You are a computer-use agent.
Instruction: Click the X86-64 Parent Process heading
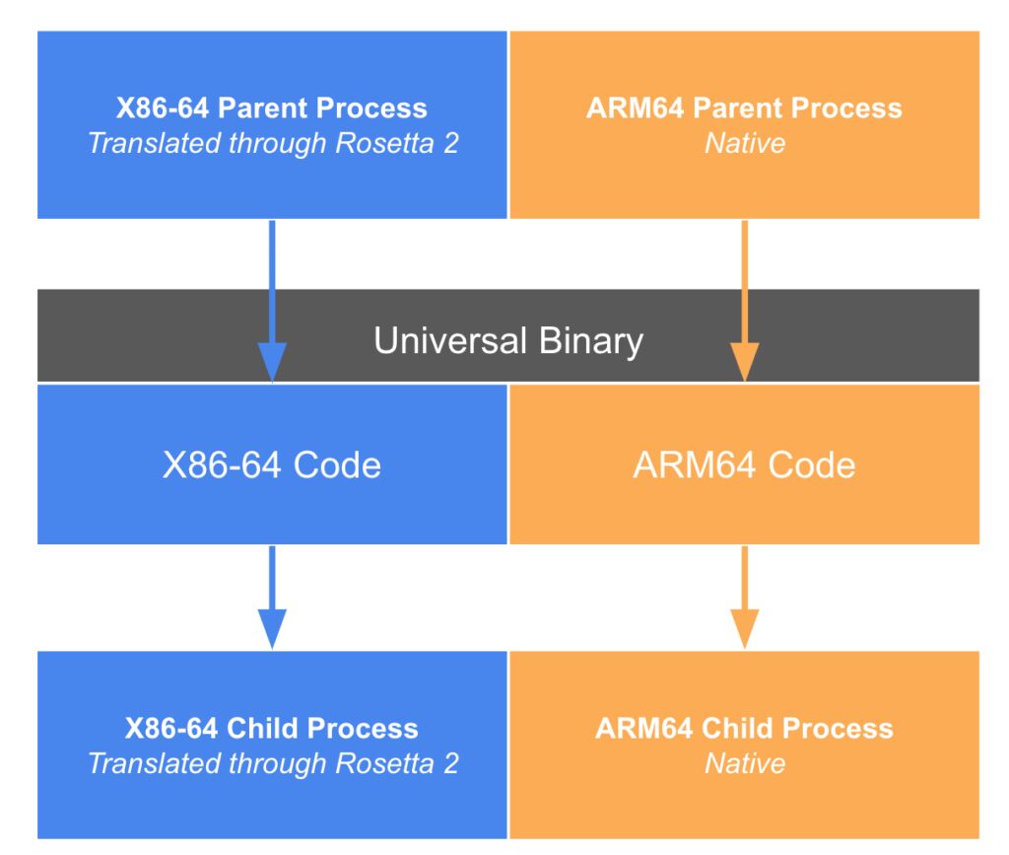coord(272,107)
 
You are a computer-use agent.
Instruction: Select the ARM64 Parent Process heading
coord(744,107)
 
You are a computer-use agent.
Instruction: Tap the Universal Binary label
coord(507,341)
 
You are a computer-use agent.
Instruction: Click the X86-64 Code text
coord(272,464)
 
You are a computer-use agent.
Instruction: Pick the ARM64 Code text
coord(744,464)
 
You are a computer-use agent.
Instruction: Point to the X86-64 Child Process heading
coord(272,729)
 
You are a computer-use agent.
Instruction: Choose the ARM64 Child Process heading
coord(744,729)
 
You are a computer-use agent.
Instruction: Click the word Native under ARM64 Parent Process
coord(745,143)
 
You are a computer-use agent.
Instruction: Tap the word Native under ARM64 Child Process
coord(745,763)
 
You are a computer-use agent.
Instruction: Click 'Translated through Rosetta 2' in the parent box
coord(273,143)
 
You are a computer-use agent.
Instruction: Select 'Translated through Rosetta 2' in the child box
coord(273,763)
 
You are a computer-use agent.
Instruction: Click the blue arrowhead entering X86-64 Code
coord(272,361)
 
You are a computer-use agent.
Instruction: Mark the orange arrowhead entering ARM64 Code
coord(744,361)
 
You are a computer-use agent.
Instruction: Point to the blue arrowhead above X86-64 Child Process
coord(272,627)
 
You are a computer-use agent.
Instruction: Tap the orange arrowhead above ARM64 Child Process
coord(744,627)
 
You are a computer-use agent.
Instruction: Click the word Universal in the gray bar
coord(448,341)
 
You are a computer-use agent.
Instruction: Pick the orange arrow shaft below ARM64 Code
coord(744,576)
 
